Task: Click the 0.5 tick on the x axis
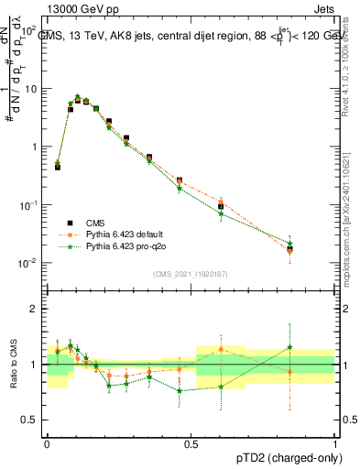click(191, 442)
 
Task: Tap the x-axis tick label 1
click(335, 442)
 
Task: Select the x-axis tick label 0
click(48, 442)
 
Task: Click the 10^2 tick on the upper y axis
click(31, 30)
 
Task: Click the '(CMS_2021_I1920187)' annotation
click(191, 273)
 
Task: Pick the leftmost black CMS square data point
click(58, 168)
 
